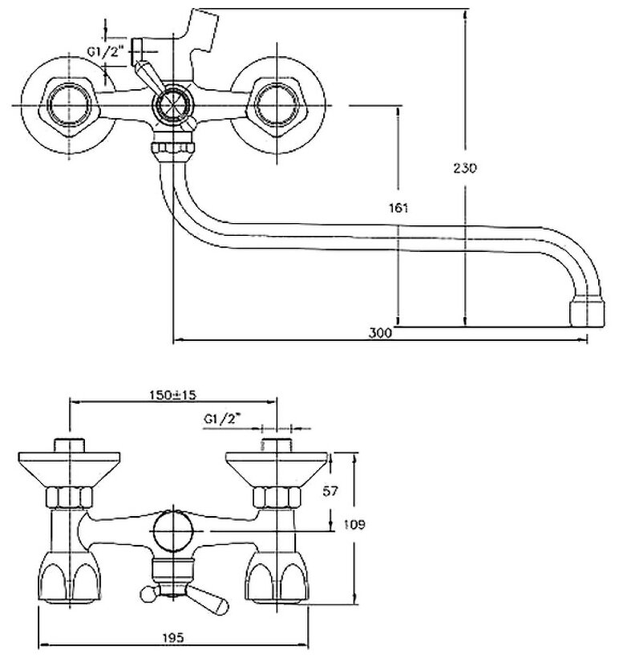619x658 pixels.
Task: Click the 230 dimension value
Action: tap(465, 169)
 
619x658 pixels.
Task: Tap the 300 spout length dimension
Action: tap(381, 333)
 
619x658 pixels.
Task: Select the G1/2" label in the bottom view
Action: tap(223, 418)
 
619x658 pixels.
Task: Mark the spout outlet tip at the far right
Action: tap(585, 313)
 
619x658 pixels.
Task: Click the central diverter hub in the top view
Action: tap(170, 104)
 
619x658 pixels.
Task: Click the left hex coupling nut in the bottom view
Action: tap(70, 498)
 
